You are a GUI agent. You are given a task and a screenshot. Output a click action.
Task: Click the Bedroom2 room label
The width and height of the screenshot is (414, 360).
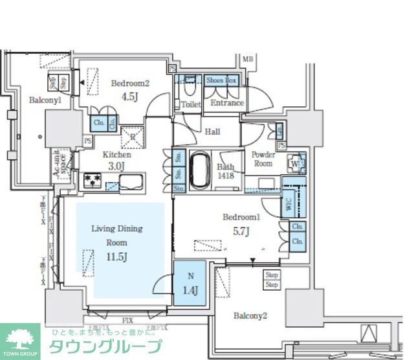pos(130,84)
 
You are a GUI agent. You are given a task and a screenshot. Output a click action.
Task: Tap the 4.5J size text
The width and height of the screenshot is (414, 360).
pos(130,96)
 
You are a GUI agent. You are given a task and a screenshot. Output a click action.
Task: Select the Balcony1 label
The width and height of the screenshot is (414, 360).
pos(45,101)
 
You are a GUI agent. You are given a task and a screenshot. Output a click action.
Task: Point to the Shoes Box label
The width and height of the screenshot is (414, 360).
pos(222,81)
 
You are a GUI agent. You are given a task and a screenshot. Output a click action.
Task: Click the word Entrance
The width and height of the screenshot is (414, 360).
pos(227,103)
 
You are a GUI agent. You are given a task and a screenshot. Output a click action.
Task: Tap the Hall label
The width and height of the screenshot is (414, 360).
pos(212,132)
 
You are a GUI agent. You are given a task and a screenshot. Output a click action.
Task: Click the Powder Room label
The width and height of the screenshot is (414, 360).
pos(263,159)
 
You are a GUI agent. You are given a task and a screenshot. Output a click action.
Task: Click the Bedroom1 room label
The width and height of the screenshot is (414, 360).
pos(241,217)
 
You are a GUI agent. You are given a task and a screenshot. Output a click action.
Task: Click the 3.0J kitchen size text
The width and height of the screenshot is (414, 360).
pos(116,166)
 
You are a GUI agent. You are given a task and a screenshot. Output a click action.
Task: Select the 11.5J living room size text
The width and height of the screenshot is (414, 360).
pos(116,256)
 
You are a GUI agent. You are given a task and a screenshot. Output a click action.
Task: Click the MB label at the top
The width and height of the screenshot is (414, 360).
pos(247,60)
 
